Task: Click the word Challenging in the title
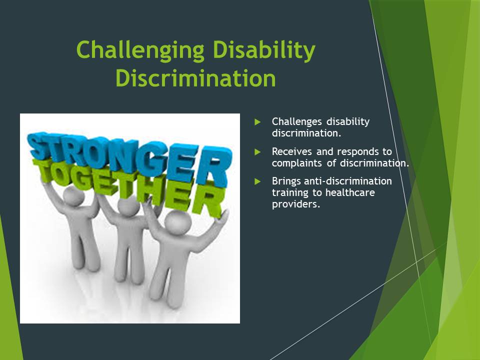pyautogui.click(x=140, y=50)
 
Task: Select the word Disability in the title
pyautogui.click(x=264, y=50)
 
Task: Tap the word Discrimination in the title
pyautogui.click(x=196, y=78)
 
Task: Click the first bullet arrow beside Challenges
pyautogui.click(x=257, y=122)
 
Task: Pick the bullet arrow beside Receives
pyautogui.click(x=257, y=152)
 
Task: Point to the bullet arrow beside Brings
pyautogui.click(x=257, y=181)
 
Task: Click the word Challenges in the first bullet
pyautogui.click(x=296, y=122)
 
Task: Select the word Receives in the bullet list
pyautogui.click(x=291, y=151)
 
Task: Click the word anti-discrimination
pyautogui.click(x=348, y=181)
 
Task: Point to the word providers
pyautogui.click(x=296, y=204)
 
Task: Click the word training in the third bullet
pyautogui.click(x=290, y=193)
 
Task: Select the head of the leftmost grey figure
pyautogui.click(x=73, y=196)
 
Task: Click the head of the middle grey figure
pyautogui.click(x=128, y=205)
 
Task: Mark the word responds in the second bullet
pyautogui.click(x=357, y=152)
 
